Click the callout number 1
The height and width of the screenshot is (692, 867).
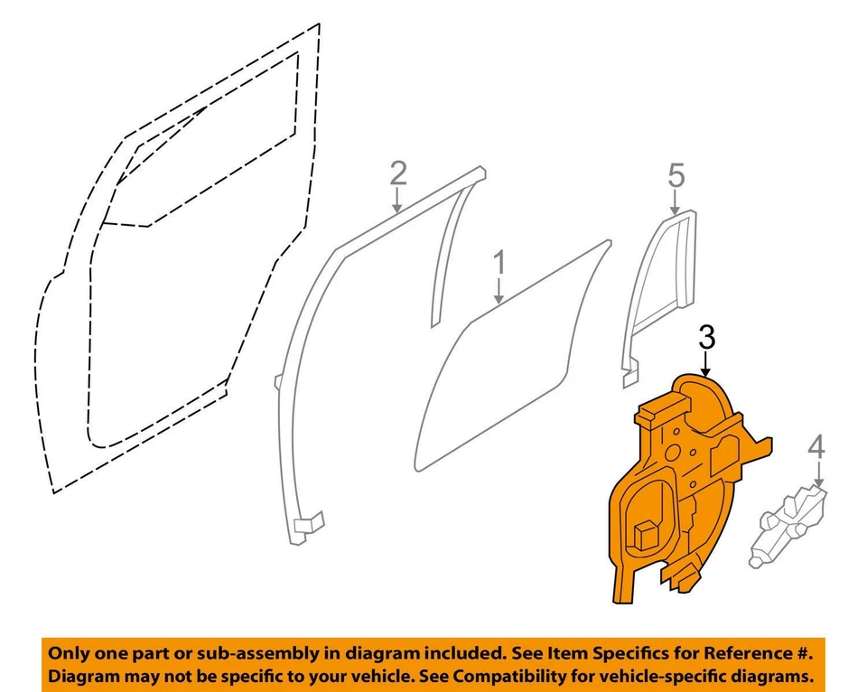(x=499, y=265)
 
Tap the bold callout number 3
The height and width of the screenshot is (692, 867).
(x=707, y=338)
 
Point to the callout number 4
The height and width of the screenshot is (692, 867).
(x=816, y=446)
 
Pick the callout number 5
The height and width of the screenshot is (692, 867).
(x=676, y=174)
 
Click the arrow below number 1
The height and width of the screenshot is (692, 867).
(x=499, y=292)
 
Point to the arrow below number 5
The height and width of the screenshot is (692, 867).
(x=676, y=201)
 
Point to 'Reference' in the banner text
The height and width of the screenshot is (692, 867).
(x=735, y=653)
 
